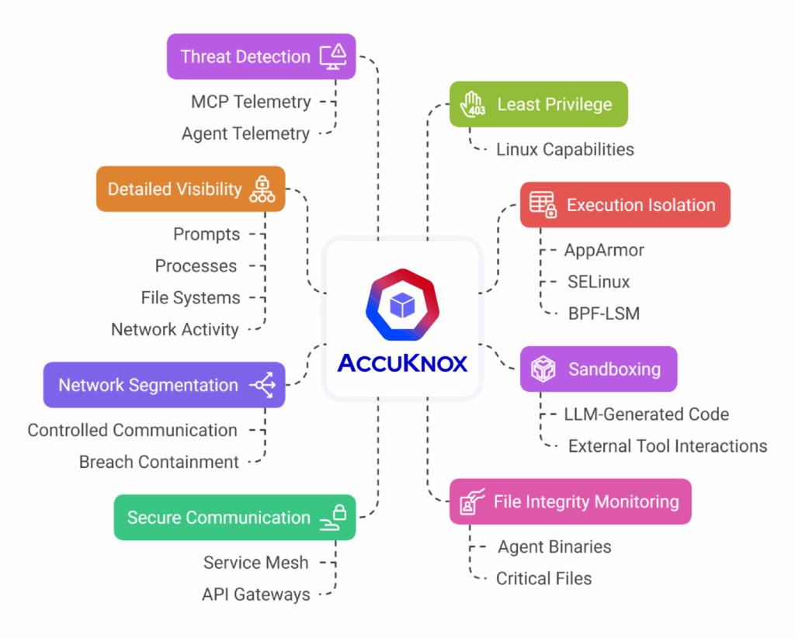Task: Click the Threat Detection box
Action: pyautogui.click(x=261, y=56)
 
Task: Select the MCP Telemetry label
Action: pyautogui.click(x=250, y=102)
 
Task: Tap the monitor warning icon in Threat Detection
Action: pyautogui.click(x=335, y=56)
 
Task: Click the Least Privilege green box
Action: pyautogui.click(x=538, y=104)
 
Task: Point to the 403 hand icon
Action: pyautogui.click(x=473, y=104)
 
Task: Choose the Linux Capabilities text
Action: pyautogui.click(x=564, y=149)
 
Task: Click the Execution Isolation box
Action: pyautogui.click(x=624, y=205)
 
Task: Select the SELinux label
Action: pyautogui.click(x=598, y=282)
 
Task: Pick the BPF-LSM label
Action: pyautogui.click(x=603, y=314)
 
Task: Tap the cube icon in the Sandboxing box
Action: pyautogui.click(x=543, y=369)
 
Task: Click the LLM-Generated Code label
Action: pyautogui.click(x=646, y=414)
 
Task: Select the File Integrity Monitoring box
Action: pyautogui.click(x=570, y=501)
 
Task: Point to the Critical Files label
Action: pyautogui.click(x=543, y=578)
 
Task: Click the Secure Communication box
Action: pyautogui.click(x=234, y=517)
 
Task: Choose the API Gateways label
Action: pyautogui.click(x=255, y=595)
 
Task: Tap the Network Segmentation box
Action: pyautogui.click(x=164, y=384)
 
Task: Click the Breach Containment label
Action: pyautogui.click(x=158, y=462)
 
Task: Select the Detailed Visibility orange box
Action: pyautogui.click(x=190, y=189)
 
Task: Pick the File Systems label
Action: pyautogui.click(x=190, y=297)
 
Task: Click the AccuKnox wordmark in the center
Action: pyautogui.click(x=402, y=362)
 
